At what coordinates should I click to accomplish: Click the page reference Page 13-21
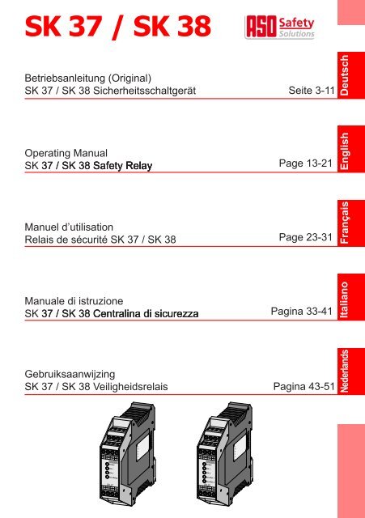pyautogui.click(x=304, y=166)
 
